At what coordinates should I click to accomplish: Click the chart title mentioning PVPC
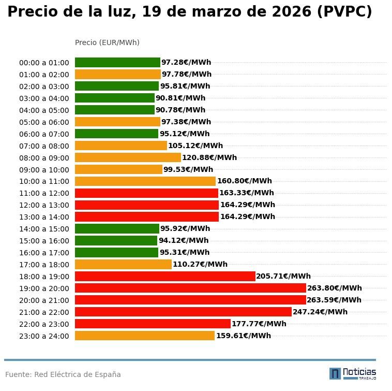tap(189, 12)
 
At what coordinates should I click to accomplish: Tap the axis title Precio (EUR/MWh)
tap(107, 42)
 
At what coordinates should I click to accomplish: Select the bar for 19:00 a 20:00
tap(190, 288)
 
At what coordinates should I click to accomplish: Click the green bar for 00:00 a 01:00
tap(117, 63)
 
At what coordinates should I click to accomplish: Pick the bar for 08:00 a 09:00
tap(128, 157)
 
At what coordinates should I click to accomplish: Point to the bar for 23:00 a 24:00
tap(145, 336)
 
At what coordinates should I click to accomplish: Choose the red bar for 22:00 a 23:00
tap(153, 324)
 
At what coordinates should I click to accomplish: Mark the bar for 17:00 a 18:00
tap(123, 264)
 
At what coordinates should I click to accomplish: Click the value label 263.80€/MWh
tap(335, 288)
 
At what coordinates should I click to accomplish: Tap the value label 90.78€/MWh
tap(180, 110)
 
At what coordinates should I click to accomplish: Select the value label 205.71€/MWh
tap(283, 276)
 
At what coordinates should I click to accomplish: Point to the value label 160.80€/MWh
tap(244, 181)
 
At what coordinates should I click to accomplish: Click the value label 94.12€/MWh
tap(184, 240)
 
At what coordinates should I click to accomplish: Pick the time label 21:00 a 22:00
tap(44, 312)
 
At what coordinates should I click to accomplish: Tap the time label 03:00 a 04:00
tap(44, 98)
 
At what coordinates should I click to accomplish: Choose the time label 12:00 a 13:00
tap(44, 205)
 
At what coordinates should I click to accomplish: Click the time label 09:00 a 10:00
tap(44, 170)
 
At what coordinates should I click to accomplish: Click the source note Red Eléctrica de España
tap(63, 374)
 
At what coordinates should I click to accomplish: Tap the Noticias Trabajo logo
tap(353, 373)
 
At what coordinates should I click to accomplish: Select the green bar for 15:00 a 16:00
tap(116, 240)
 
